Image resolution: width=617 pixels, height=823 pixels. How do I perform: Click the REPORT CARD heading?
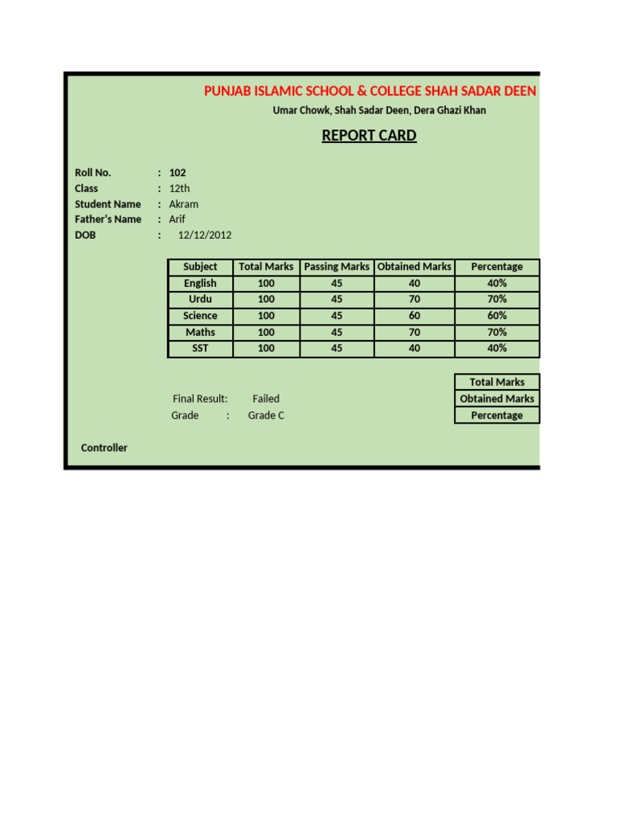369,135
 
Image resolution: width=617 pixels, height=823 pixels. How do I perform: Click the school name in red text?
370,91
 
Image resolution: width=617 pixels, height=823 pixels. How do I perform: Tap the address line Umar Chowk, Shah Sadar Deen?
379,110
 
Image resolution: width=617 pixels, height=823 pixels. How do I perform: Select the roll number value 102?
178,173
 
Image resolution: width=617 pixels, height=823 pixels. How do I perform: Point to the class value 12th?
179,188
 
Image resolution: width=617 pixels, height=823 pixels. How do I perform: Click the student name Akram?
183,204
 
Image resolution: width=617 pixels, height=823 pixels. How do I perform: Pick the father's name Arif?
177,219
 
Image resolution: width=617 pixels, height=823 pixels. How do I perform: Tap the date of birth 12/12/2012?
205,235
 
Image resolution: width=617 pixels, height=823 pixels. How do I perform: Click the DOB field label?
85,235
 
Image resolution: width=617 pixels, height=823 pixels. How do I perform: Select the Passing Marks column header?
337,267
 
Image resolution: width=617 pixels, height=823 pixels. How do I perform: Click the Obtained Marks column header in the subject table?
415,267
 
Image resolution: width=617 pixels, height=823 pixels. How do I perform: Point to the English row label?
200,283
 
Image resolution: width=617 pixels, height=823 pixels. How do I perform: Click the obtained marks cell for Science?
415,316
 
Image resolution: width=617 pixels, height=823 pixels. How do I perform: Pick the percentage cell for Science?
496,316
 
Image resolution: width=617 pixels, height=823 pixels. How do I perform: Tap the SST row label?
200,348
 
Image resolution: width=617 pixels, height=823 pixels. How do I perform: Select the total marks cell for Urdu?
266,299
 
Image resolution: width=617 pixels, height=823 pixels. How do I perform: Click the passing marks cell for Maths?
337,332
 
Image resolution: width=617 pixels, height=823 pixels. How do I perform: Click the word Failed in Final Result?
266,399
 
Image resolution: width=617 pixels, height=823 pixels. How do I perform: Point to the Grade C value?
266,416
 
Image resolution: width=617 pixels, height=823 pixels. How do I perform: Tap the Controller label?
104,448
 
